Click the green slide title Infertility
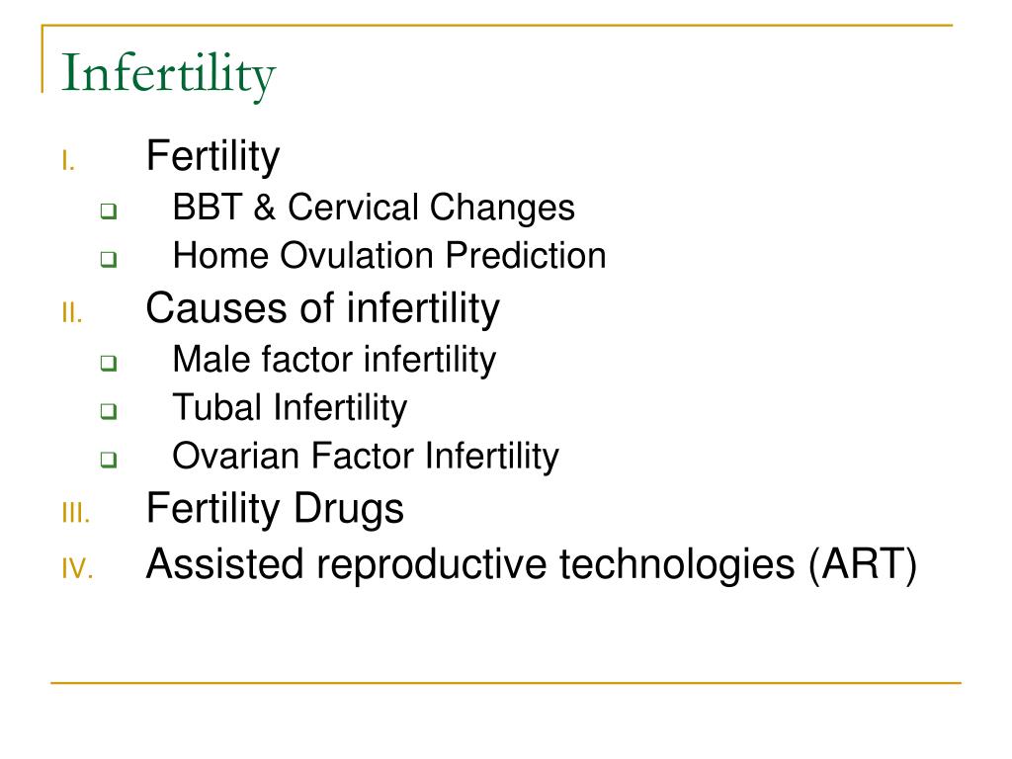tap(168, 75)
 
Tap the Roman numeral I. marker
tap(68, 161)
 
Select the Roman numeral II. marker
tap(72, 313)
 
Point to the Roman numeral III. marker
tap(76, 514)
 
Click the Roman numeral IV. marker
tap(77, 569)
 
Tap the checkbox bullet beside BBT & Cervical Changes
tap(109, 211)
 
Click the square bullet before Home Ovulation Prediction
tap(109, 260)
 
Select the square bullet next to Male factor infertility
tap(109, 363)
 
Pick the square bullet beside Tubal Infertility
tap(109, 411)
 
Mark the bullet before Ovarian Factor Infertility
tap(109, 460)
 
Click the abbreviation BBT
tap(208, 208)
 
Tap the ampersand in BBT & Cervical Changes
tap(265, 208)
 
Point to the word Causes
tap(217, 308)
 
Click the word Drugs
tap(349, 509)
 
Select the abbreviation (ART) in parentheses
tap(862, 564)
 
